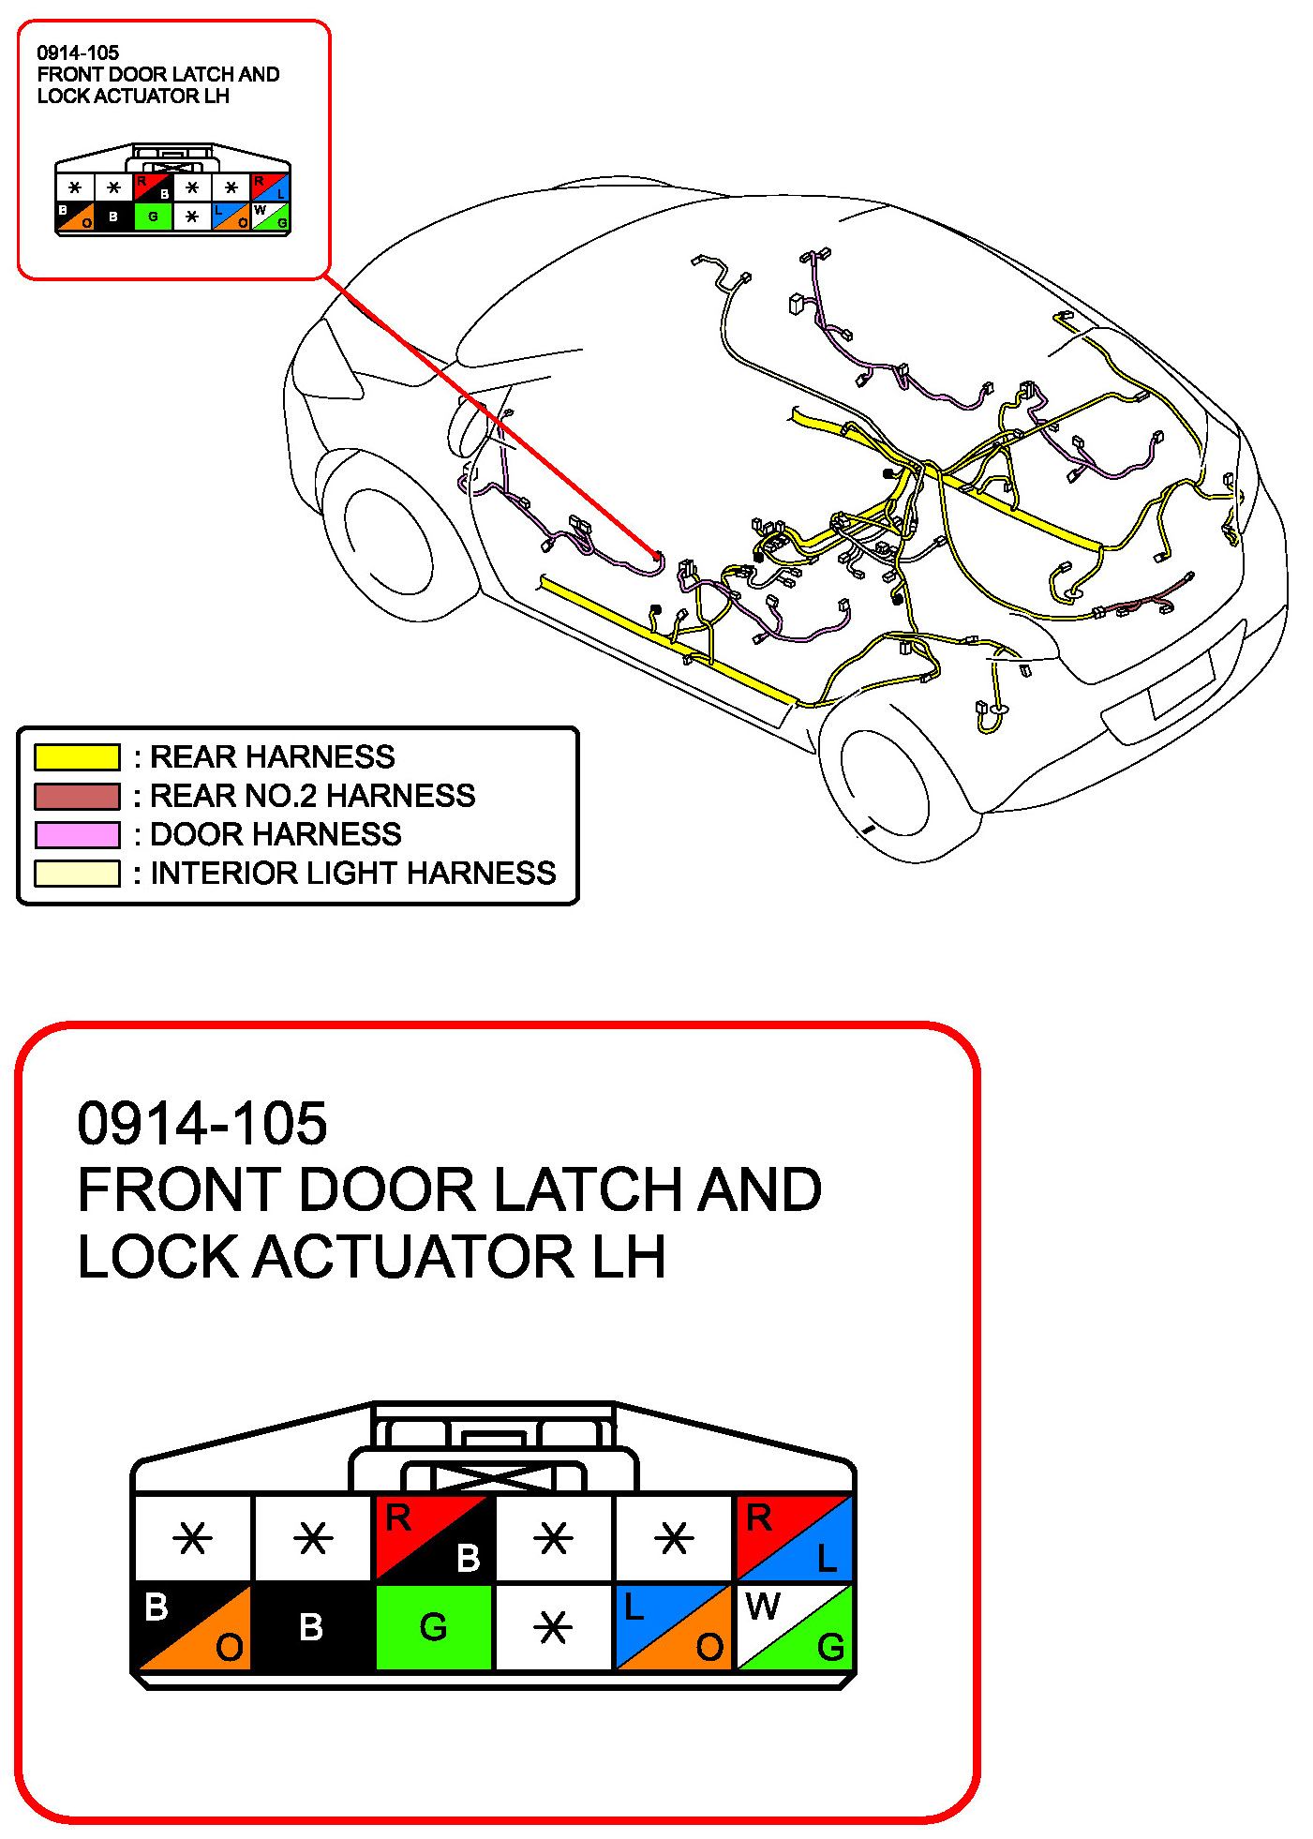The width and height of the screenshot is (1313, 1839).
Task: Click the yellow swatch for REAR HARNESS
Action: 77,756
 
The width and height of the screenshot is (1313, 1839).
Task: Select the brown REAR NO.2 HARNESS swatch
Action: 77,796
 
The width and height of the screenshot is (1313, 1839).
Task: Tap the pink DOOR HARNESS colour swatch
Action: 77,834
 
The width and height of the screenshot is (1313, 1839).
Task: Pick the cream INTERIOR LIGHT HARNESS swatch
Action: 77,873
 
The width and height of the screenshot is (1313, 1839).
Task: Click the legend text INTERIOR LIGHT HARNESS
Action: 353,873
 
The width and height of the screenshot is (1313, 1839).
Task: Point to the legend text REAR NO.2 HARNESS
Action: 313,796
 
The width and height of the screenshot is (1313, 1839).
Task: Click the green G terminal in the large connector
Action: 433,1626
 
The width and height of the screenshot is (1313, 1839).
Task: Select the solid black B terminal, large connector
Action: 312,1626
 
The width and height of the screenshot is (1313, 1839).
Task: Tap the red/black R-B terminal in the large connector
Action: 433,1538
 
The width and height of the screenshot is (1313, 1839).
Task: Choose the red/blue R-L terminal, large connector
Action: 794,1538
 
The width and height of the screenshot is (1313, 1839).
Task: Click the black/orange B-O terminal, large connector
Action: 193,1626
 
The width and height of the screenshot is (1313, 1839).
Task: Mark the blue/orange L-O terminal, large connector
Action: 673,1626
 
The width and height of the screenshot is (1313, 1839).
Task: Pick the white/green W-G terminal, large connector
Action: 794,1626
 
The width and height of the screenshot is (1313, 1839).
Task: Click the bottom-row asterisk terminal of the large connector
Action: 553,1626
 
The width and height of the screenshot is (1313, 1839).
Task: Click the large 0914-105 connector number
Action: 202,1123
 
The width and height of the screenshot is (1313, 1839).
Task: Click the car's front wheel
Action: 389,543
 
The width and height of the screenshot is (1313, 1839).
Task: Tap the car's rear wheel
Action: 885,783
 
